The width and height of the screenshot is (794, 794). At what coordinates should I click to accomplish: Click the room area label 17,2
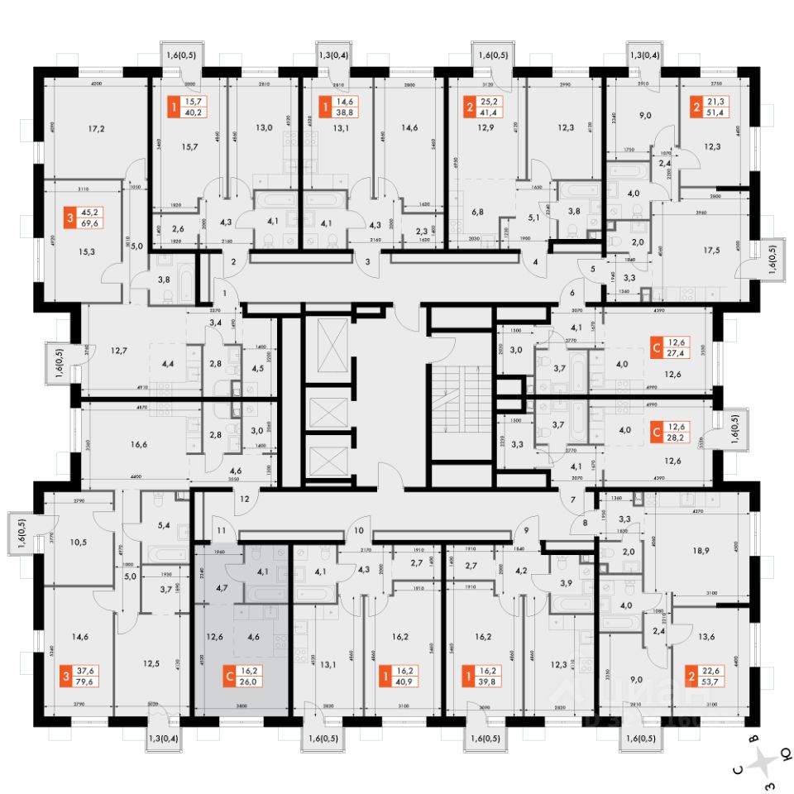coord(98,130)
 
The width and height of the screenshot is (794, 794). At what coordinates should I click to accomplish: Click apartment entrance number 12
coord(245,499)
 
